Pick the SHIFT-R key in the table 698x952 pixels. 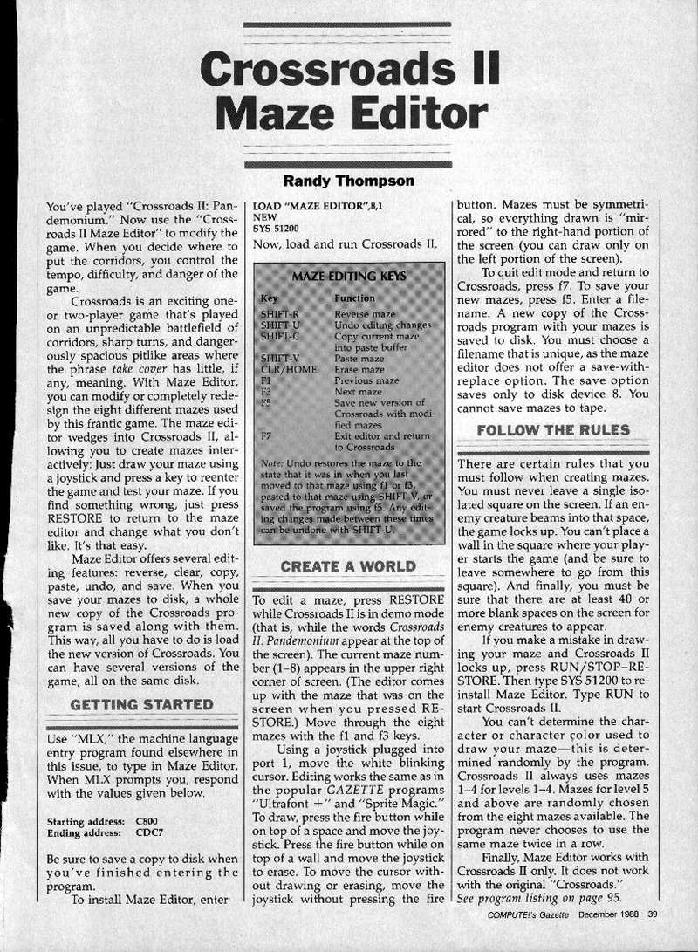[x=280, y=312]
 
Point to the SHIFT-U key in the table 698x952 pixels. [x=280, y=324]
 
